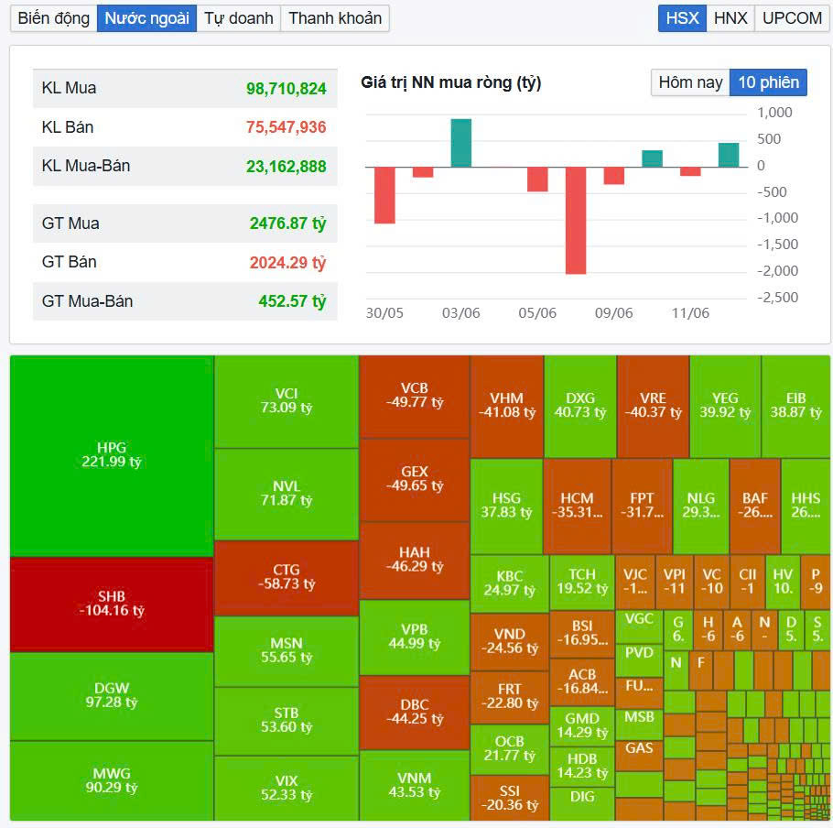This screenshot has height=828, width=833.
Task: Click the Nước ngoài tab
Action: coord(146,18)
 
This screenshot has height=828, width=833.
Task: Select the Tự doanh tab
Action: coord(238,18)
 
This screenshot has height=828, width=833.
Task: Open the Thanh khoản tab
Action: coord(335,18)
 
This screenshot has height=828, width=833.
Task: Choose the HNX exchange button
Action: coord(730,18)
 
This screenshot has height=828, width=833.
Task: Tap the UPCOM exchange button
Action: coord(792,18)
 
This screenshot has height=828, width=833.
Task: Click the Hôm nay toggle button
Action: coord(690,82)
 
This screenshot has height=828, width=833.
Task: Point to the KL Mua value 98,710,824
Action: coord(286,89)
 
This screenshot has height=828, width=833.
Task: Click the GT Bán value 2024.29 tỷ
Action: coord(287,263)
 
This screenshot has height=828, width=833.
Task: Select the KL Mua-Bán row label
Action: coord(86,166)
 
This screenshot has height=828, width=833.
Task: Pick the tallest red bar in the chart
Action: coord(576,220)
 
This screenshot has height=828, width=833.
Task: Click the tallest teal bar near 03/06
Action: coord(461,143)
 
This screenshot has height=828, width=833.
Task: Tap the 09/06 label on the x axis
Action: coord(613,313)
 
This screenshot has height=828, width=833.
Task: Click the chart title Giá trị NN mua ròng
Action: coord(451,82)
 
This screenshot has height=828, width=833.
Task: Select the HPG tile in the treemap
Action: coord(111,455)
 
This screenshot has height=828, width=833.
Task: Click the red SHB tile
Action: coord(111,603)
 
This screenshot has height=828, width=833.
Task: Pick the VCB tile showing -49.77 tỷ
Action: coord(414,395)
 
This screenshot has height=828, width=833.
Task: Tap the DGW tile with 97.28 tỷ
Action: coord(111,695)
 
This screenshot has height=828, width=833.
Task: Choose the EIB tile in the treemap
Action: coord(795,405)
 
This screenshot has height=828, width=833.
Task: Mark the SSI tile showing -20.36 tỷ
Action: coord(509,798)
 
